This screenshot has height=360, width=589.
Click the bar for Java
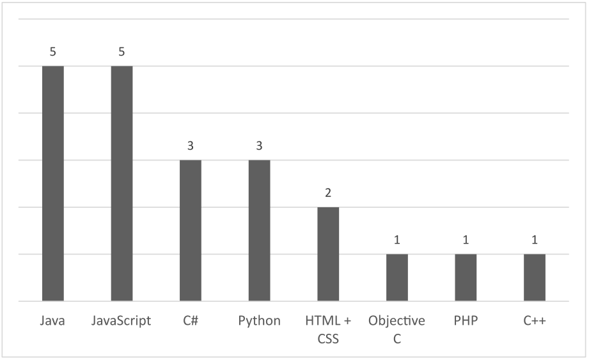(53, 183)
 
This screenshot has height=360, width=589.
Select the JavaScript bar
(122, 183)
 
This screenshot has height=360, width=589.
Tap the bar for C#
(191, 230)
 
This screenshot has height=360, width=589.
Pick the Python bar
(259, 230)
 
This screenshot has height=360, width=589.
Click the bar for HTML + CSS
(328, 254)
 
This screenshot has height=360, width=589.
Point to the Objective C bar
(397, 278)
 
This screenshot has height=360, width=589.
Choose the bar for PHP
(466, 278)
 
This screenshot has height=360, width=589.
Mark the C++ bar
(535, 278)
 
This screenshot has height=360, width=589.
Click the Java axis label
(53, 321)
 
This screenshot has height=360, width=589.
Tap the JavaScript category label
(122, 321)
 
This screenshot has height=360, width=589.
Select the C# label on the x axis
(191, 321)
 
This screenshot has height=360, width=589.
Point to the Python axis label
(259, 321)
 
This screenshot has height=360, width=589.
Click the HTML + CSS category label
(328, 329)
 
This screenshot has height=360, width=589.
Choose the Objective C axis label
(397, 329)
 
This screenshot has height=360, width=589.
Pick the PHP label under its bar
(466, 321)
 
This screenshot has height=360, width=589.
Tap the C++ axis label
(535, 321)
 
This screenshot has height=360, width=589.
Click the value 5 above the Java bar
(53, 52)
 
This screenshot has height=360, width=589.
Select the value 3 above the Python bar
(259, 146)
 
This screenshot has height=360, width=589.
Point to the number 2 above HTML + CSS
(328, 193)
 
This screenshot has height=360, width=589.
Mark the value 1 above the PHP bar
(466, 240)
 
